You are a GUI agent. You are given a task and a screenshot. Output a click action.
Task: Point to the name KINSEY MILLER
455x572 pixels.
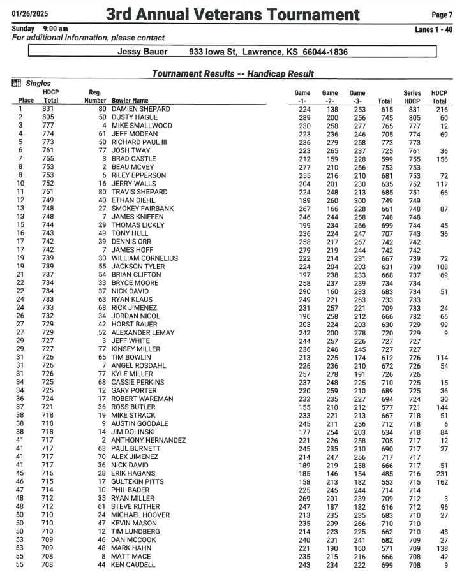click(x=136, y=349)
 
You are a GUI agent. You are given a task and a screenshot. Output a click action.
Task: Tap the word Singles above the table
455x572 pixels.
click(x=38, y=84)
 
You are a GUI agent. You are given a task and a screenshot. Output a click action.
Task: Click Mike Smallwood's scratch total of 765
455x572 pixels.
click(x=384, y=126)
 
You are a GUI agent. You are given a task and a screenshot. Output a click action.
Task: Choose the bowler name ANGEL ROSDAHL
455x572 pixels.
click(x=138, y=366)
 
